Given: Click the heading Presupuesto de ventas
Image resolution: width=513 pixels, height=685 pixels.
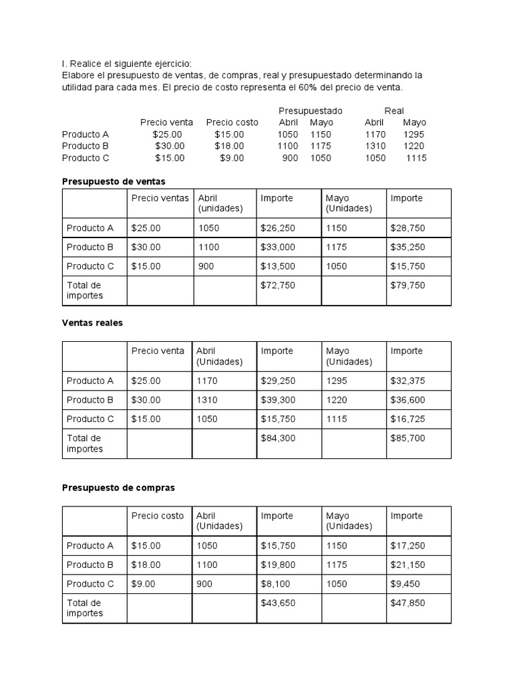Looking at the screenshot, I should (114, 181).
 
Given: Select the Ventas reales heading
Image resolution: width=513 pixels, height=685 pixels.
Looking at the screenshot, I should (92, 322).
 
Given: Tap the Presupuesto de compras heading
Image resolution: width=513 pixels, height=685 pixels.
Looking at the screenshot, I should (118, 488).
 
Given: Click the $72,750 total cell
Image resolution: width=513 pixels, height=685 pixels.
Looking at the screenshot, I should (278, 285).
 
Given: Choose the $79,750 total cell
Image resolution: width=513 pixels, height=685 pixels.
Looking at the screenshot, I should (407, 285).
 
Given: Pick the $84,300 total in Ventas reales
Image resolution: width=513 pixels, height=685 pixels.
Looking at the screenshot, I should (278, 438).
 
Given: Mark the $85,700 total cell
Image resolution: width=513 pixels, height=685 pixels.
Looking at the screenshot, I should (407, 438).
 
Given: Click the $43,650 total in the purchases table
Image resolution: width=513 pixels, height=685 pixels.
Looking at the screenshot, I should (278, 603).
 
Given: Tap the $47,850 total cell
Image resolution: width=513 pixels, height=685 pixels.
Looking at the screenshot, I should (407, 603).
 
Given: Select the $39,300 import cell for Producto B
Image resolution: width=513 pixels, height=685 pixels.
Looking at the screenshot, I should (278, 400).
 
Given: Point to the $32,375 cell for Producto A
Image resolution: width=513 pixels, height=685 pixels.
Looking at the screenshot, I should (407, 381).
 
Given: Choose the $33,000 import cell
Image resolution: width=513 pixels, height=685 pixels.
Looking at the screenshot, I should (278, 247).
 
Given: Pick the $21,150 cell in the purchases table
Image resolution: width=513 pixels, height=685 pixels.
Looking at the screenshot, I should (407, 565).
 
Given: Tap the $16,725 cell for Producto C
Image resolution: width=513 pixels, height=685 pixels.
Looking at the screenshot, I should (407, 419).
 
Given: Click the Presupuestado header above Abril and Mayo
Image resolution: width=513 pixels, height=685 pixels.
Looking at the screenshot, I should (310, 110).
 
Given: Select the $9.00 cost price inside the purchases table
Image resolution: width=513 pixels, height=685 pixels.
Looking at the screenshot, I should (143, 584).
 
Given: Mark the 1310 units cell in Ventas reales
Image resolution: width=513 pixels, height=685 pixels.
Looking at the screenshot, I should (207, 400).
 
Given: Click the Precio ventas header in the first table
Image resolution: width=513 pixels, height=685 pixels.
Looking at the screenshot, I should (160, 198).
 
